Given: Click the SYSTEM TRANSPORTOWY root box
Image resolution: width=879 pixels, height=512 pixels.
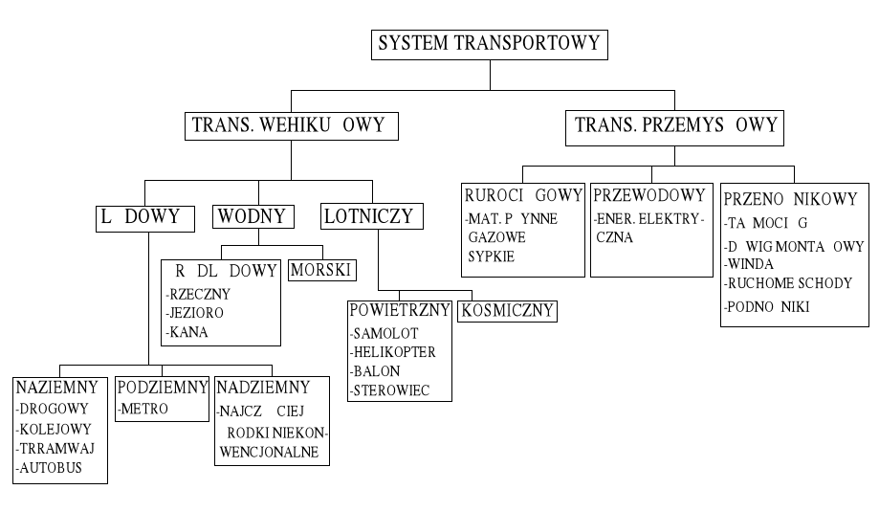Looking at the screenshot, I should [489, 44].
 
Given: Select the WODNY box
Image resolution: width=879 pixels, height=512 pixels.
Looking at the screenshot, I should [253, 216].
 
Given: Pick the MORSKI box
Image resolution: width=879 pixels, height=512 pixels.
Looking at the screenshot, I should [322, 270].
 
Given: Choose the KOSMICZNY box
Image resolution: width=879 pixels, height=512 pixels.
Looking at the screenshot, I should [508, 311].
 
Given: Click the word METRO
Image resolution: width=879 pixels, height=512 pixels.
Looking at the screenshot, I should [144, 409].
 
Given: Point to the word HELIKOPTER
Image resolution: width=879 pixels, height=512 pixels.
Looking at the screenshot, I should [394, 352].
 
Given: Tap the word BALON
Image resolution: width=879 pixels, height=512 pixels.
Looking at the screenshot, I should [377, 371].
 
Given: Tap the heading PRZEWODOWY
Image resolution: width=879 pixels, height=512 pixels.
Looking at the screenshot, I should [649, 196].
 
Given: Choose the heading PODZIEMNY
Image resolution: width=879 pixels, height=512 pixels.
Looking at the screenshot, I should [162, 388].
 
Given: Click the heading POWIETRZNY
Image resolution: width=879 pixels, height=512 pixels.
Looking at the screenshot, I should [400, 312].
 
